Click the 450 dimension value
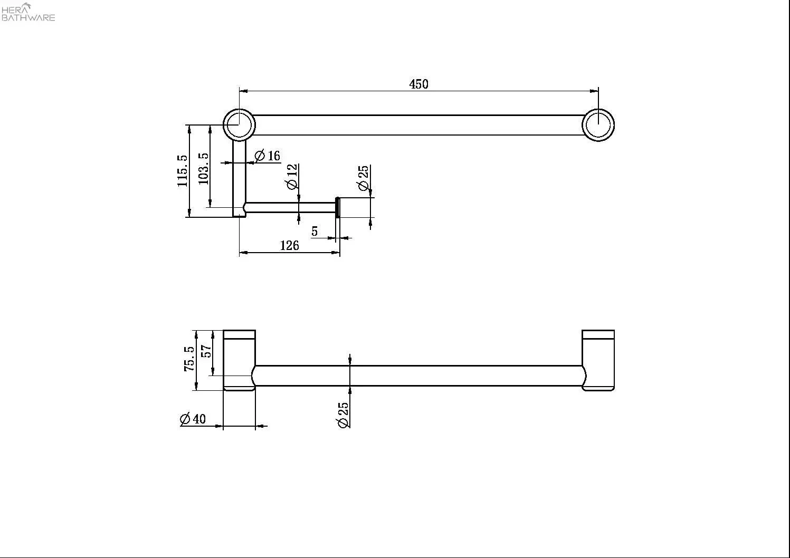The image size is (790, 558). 418,84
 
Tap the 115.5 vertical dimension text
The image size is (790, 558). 183,170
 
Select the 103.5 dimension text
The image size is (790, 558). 203,168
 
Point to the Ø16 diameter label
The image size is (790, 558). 268,156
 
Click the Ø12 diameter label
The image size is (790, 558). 292,177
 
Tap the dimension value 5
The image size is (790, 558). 315,231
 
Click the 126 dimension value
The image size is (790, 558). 289,245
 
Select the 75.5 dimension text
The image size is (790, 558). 189,359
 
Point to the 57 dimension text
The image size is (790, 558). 206,351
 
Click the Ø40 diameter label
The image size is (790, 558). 193,419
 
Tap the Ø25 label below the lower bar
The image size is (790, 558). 343,415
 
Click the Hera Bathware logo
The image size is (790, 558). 28,12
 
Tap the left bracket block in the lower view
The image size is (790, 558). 240,360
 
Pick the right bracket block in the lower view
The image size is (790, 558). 598,360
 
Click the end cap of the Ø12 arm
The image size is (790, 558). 338,207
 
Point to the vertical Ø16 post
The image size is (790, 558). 240,178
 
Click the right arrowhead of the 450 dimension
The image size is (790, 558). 594,91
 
